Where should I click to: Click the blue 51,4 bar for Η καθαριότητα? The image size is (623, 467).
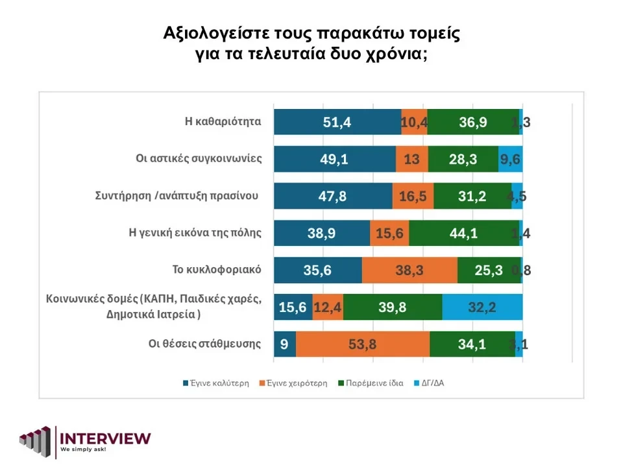tap(337, 122)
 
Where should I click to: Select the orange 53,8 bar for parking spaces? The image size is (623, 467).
tap(363, 344)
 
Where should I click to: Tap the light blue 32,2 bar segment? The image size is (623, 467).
tap(482, 307)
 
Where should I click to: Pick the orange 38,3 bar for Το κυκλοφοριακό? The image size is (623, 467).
tap(409, 270)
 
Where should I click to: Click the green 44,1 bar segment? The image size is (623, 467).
tap(463, 233)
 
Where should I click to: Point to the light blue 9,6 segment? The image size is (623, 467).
tap(511, 160)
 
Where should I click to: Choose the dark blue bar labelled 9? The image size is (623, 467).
tap(284, 344)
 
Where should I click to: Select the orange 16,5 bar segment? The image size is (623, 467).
tap(413, 197)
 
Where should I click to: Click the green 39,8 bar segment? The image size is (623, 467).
tap(393, 307)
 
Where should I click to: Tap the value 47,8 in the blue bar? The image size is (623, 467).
tap(332, 197)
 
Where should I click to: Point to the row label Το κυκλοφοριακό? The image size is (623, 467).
tap(225, 270)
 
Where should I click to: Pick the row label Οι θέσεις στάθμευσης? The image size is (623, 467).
tap(204, 344)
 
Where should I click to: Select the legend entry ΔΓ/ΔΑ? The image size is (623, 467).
tap(432, 383)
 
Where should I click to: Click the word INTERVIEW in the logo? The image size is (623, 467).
tap(105, 438)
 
